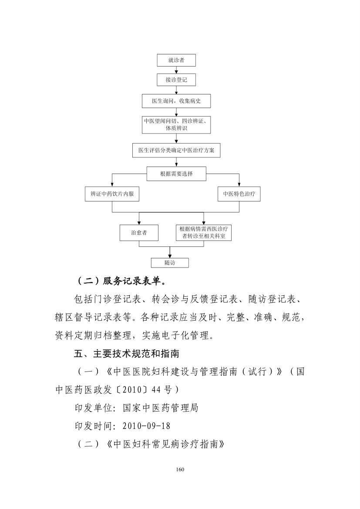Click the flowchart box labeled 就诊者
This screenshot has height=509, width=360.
click(176, 60)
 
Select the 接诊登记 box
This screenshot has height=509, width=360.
click(176, 80)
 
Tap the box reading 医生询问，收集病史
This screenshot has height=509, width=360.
click(176, 101)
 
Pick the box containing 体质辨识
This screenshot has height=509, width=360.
click(176, 125)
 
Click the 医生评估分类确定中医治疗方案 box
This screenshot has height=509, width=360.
click(176, 150)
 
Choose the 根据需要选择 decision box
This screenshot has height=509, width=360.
click(176, 174)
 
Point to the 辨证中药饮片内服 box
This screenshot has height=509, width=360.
click(112, 194)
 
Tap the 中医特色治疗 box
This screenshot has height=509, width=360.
click(239, 194)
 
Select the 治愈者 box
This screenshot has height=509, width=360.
click(139, 233)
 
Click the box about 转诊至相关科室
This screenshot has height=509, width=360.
click(204, 233)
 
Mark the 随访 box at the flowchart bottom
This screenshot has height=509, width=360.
click(170, 263)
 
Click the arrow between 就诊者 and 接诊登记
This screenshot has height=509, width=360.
click(176, 70)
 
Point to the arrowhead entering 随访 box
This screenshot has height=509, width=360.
click(170, 256)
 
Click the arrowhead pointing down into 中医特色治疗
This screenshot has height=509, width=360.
click(239, 185)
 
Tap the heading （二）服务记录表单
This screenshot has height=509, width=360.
click(122, 281)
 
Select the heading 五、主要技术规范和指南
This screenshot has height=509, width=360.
click(126, 354)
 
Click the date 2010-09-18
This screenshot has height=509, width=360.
click(147, 426)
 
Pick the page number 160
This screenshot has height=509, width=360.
click(180, 469)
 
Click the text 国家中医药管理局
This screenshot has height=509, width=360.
click(161, 408)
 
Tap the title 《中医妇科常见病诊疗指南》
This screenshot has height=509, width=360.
click(165, 444)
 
